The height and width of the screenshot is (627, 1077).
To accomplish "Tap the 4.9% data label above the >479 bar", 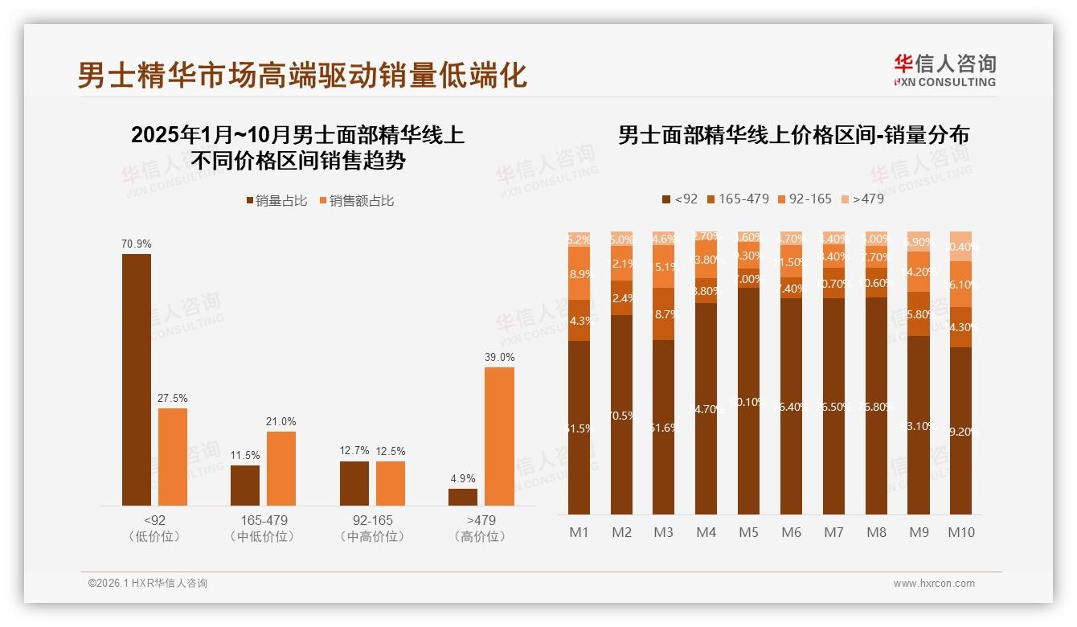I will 462,478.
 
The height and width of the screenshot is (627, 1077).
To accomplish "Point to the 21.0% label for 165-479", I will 281,421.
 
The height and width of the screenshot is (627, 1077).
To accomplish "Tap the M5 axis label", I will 748,532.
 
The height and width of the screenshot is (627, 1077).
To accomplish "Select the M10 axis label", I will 960,532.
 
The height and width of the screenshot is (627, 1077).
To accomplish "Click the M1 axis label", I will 579,532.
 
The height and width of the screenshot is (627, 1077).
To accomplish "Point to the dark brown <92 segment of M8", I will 875,406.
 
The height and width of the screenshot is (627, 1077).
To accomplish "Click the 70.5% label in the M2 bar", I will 621,416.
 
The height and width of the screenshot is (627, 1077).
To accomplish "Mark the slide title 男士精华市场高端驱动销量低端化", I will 302,75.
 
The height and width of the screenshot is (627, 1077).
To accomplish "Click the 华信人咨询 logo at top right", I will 944,70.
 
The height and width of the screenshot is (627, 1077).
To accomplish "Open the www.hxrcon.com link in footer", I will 933,584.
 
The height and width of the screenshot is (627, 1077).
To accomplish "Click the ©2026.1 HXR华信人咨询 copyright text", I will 147,584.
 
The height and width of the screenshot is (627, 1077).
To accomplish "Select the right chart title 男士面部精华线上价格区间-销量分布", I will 793,135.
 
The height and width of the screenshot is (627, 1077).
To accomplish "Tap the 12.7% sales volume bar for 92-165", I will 354,483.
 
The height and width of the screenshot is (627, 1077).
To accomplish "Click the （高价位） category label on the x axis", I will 480,536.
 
